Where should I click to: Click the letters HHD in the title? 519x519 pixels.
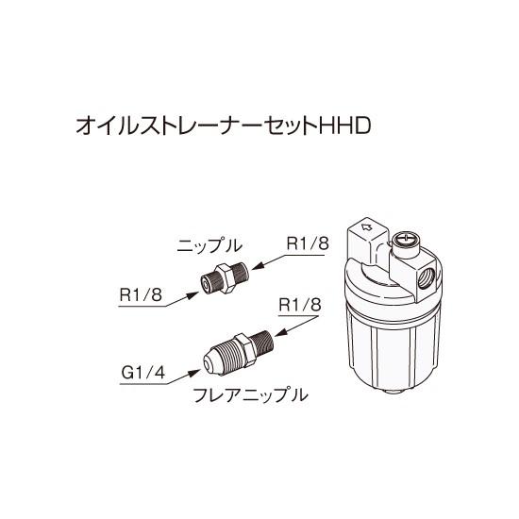click(351, 126)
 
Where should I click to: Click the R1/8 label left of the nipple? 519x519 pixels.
click(142, 295)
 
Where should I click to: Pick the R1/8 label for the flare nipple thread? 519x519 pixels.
click(301, 305)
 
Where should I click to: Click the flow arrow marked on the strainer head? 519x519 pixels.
click(364, 228)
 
